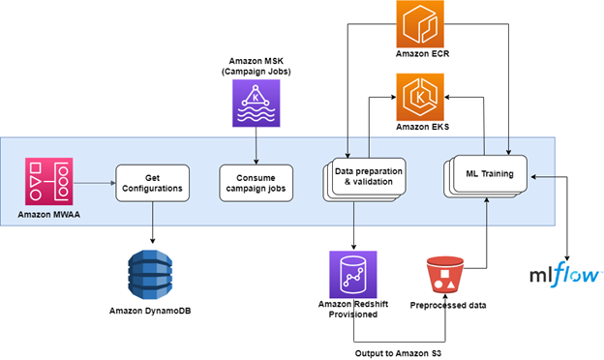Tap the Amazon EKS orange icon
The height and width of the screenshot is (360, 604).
pyautogui.click(x=427, y=96)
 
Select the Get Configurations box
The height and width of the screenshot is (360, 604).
pyautogui.click(x=151, y=181)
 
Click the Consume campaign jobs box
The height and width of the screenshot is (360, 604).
pyautogui.click(x=255, y=181)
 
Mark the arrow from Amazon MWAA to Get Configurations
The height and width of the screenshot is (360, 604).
pyautogui.click(x=97, y=181)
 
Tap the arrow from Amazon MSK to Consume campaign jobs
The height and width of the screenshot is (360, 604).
pyautogui.click(x=255, y=146)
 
